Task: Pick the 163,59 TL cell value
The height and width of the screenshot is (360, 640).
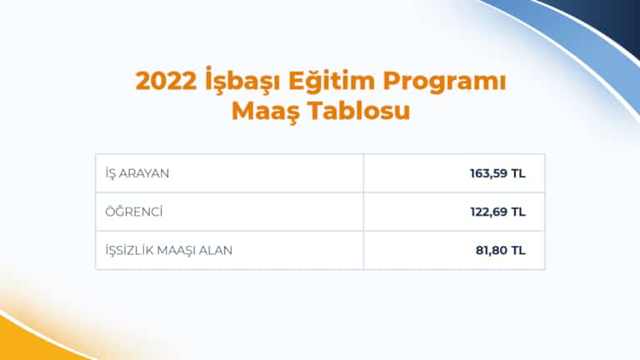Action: coord(497,173)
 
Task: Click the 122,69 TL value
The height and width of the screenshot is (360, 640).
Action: coord(497,212)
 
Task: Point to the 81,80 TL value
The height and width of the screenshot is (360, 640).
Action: coord(501,250)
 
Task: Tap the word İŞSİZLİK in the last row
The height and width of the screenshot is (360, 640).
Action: coord(131,250)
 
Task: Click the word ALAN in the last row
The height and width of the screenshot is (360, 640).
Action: coord(217,250)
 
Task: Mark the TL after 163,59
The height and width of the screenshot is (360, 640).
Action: coord(517,173)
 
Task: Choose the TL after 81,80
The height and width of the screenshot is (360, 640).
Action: coord(517,250)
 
